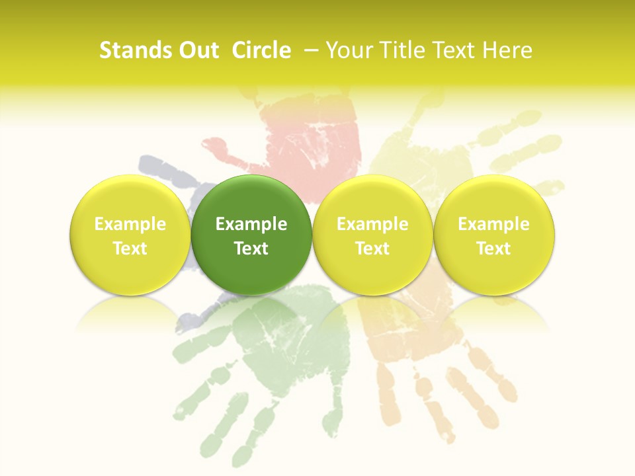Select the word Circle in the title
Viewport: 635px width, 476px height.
[261, 50]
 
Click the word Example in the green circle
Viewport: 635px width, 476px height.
[251, 224]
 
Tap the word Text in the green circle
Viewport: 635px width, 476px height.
[251, 249]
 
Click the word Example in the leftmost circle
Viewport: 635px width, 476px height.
[130, 224]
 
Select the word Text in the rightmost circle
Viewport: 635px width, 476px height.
[494, 249]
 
